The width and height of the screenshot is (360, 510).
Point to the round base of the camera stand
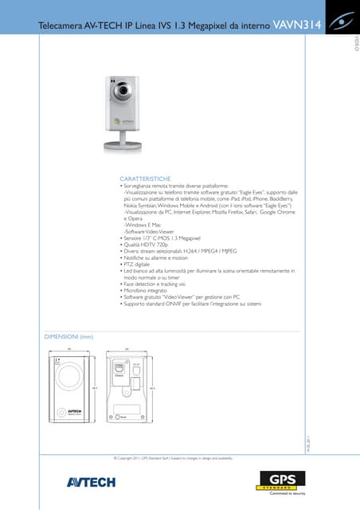(122, 147)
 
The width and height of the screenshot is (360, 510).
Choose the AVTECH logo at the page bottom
(91, 481)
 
